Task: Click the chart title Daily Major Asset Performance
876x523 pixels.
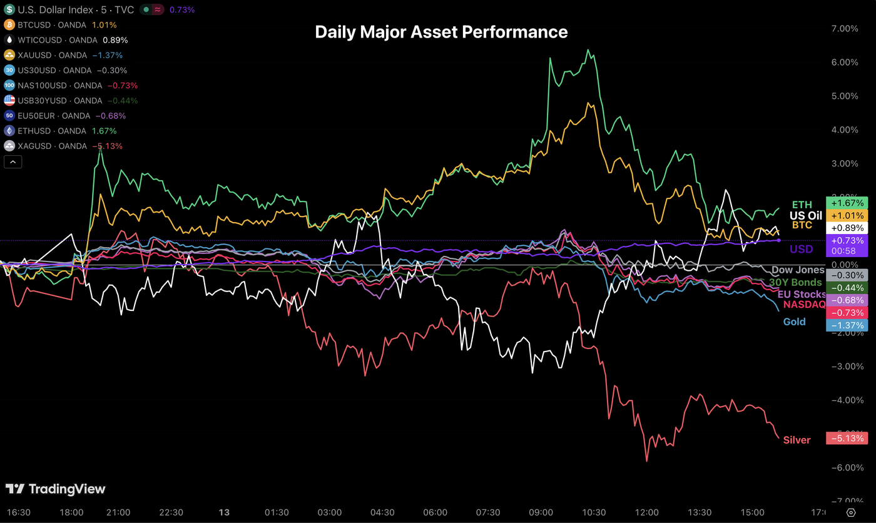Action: pos(441,32)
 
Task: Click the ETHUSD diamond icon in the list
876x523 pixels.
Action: pos(9,131)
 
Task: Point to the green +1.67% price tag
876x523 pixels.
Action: pos(847,203)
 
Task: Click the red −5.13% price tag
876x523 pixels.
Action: pos(847,438)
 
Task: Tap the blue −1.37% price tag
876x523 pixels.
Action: pos(847,325)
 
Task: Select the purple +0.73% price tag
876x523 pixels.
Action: pos(847,241)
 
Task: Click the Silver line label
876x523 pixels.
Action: pos(797,440)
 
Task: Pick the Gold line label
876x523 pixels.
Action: pos(794,322)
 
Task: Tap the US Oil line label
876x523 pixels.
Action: pos(806,215)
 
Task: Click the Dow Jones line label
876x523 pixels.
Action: pos(798,270)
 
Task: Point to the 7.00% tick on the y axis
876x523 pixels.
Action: pos(844,29)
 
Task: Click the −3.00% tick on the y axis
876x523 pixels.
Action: pos(843,366)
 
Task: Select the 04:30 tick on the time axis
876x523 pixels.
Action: pos(383,512)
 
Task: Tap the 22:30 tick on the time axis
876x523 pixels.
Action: pos(171,512)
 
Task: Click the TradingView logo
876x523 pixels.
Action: pos(56,489)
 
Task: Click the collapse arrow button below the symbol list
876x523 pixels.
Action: pos(13,162)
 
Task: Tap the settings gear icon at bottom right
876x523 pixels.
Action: pos(851,512)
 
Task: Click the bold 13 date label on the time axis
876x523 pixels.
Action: pos(224,512)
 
